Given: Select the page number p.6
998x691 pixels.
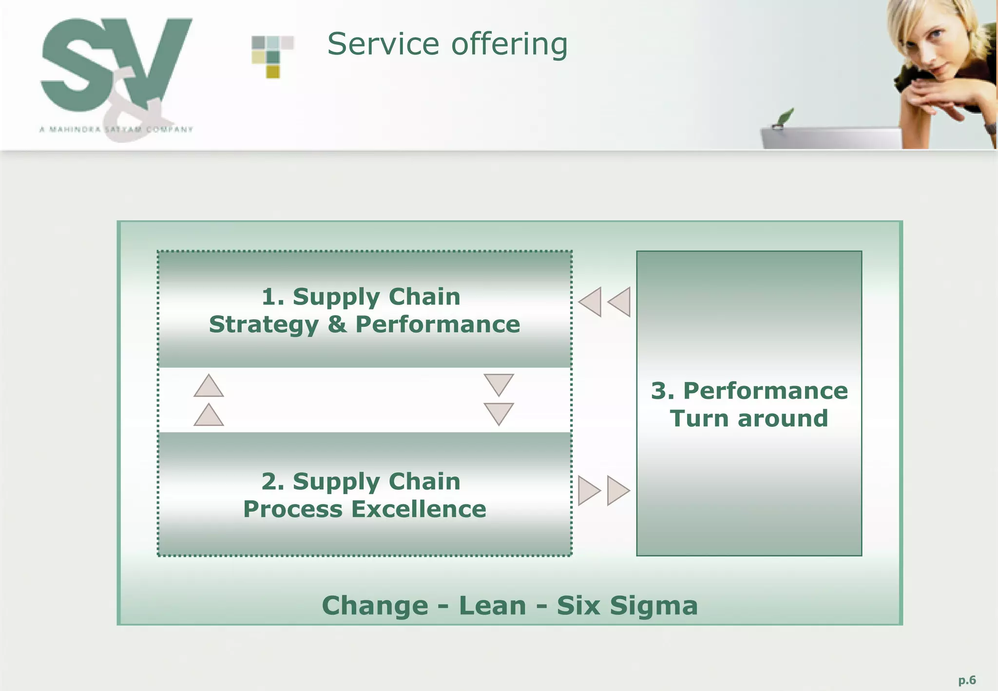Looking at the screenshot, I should tap(967, 680).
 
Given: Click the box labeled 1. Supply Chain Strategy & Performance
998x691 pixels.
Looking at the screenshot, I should tap(365, 310).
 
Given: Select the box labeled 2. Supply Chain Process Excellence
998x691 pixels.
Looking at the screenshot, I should tap(365, 494).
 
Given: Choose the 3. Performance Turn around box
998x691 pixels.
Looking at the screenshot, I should tap(749, 403).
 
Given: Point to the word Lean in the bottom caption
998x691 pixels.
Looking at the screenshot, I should tap(492, 605).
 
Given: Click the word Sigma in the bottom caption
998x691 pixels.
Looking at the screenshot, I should tap(653, 606).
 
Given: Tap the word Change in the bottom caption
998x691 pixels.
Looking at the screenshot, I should tap(375, 605).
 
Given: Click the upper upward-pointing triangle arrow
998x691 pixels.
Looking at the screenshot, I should tap(209, 386).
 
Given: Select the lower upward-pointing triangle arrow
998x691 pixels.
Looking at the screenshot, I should tap(209, 416).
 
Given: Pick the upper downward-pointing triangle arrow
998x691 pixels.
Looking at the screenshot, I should tap(499, 384).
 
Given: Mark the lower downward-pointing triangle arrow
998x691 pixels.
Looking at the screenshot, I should tap(499, 413).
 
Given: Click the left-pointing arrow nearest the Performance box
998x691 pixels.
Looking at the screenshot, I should tap(620, 302).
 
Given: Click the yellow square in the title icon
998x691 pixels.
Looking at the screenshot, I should tap(273, 72).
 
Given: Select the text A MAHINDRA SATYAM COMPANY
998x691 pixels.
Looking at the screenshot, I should tap(116, 130).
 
